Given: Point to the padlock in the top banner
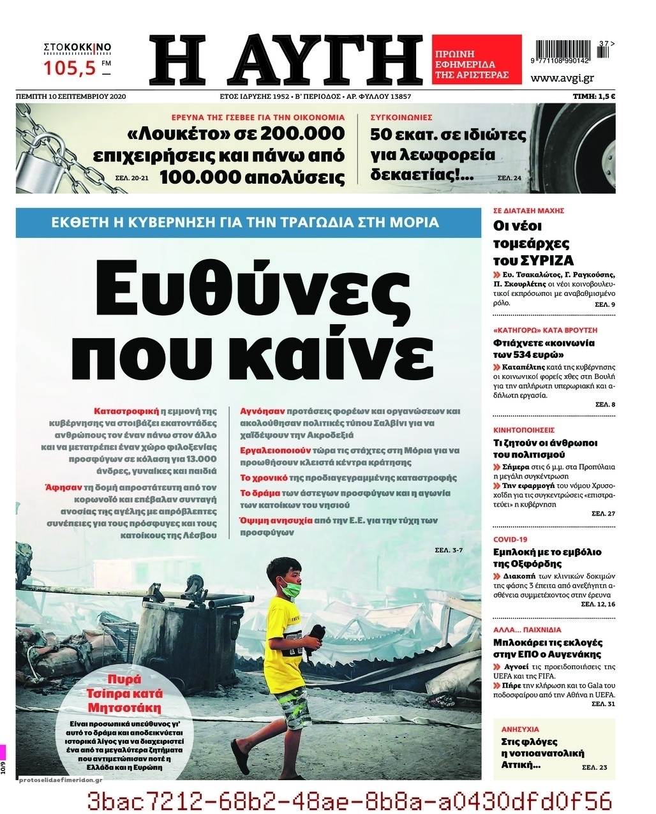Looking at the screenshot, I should [x=38, y=159].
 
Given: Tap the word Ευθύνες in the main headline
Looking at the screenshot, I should [x=248, y=287].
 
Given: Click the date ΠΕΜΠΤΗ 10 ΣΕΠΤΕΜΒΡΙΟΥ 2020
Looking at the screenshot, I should [x=72, y=96].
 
